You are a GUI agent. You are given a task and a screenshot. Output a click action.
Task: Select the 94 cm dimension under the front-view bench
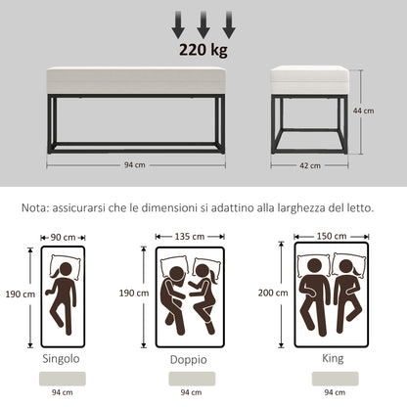click(x=135, y=165)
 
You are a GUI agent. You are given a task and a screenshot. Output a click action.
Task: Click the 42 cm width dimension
click(x=310, y=165)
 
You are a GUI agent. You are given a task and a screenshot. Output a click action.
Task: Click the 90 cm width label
click(x=62, y=237)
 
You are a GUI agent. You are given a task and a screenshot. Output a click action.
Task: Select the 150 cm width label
click(x=330, y=236)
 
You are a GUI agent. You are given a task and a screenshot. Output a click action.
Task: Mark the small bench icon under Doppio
click(x=190, y=377)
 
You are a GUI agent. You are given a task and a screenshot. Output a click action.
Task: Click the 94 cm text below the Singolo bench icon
click(x=62, y=393)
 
